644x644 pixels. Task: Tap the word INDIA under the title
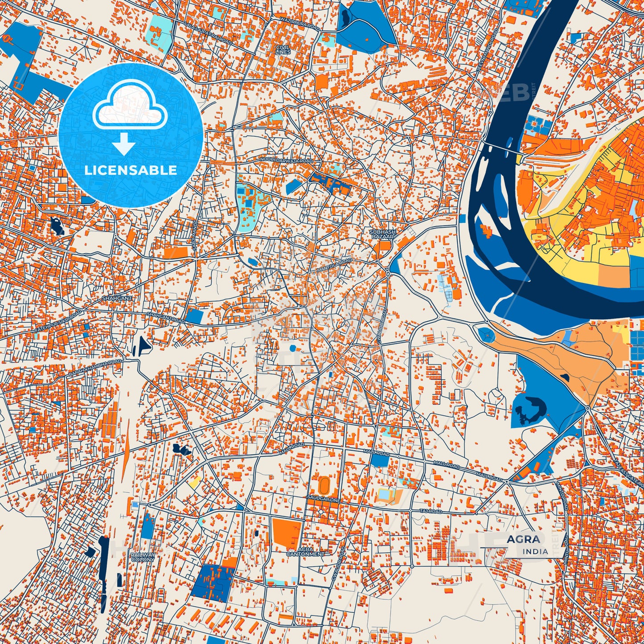click(535, 552)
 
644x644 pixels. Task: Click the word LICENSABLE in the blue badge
click(131, 170)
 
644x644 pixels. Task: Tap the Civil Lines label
click(283, 49)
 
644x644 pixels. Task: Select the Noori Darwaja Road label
click(286, 160)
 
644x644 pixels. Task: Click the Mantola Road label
click(334, 266)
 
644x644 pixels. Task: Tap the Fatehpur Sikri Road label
click(58, 320)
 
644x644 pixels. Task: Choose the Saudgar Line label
click(324, 500)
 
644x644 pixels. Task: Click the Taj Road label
click(431, 512)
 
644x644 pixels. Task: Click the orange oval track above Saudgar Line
click(324, 485)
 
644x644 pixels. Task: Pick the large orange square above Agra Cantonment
click(287, 533)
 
